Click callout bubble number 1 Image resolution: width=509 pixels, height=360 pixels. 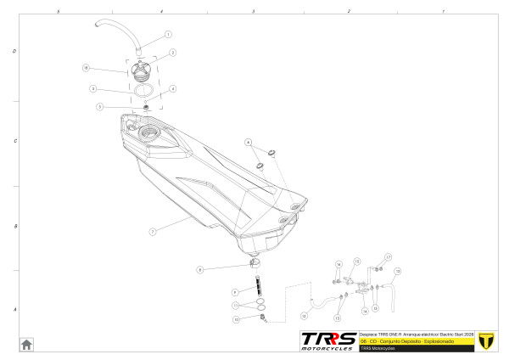(x=167, y=35)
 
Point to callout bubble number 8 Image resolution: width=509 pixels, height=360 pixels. (x=199, y=270)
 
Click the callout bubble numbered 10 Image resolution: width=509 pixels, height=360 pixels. (x=237, y=319)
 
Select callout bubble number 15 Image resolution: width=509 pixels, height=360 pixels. (x=357, y=261)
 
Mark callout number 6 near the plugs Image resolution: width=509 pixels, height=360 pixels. (x=249, y=141)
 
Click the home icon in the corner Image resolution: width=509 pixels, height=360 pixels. (x=26, y=344)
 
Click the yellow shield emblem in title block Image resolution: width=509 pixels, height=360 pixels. (x=486, y=340)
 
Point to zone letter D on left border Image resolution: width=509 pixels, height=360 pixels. (x=14, y=51)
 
